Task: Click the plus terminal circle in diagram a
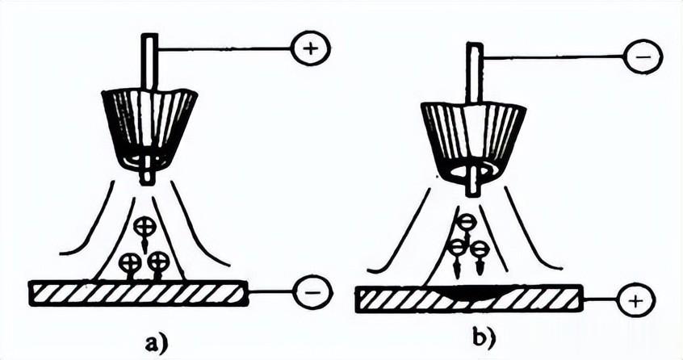[311, 48]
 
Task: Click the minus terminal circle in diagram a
[312, 292]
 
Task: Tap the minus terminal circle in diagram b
[643, 57]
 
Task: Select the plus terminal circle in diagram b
[636, 300]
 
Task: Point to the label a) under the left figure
[157, 343]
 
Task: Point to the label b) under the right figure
[484, 339]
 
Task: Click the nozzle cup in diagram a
[149, 129]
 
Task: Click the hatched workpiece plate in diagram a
[138, 293]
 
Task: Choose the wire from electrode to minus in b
[553, 57]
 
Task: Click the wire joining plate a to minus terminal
[271, 291]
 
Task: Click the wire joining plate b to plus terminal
[600, 299]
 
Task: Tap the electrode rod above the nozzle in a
[149, 64]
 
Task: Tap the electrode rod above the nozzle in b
[475, 73]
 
